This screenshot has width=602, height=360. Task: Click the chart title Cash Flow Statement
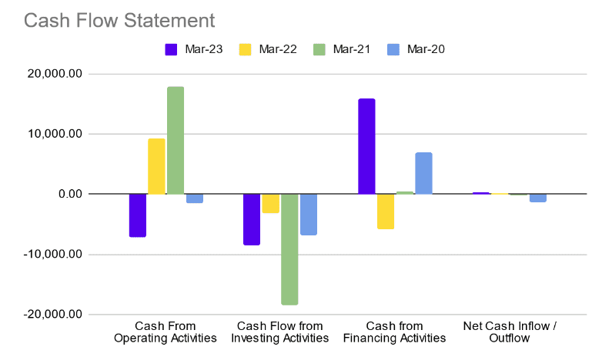click(x=119, y=20)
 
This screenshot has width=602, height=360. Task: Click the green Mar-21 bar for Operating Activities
click(x=176, y=140)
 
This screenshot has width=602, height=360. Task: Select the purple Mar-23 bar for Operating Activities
click(x=138, y=215)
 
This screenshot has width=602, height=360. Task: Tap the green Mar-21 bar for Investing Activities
click(x=289, y=249)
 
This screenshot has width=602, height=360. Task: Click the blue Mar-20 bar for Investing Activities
click(x=309, y=215)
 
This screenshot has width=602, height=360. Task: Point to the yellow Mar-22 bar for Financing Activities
click(x=386, y=212)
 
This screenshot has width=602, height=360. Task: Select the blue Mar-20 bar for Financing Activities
click(x=423, y=173)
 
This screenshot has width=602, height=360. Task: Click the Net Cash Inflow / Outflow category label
click(x=510, y=332)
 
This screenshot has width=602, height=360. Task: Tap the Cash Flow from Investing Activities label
click(x=280, y=332)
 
